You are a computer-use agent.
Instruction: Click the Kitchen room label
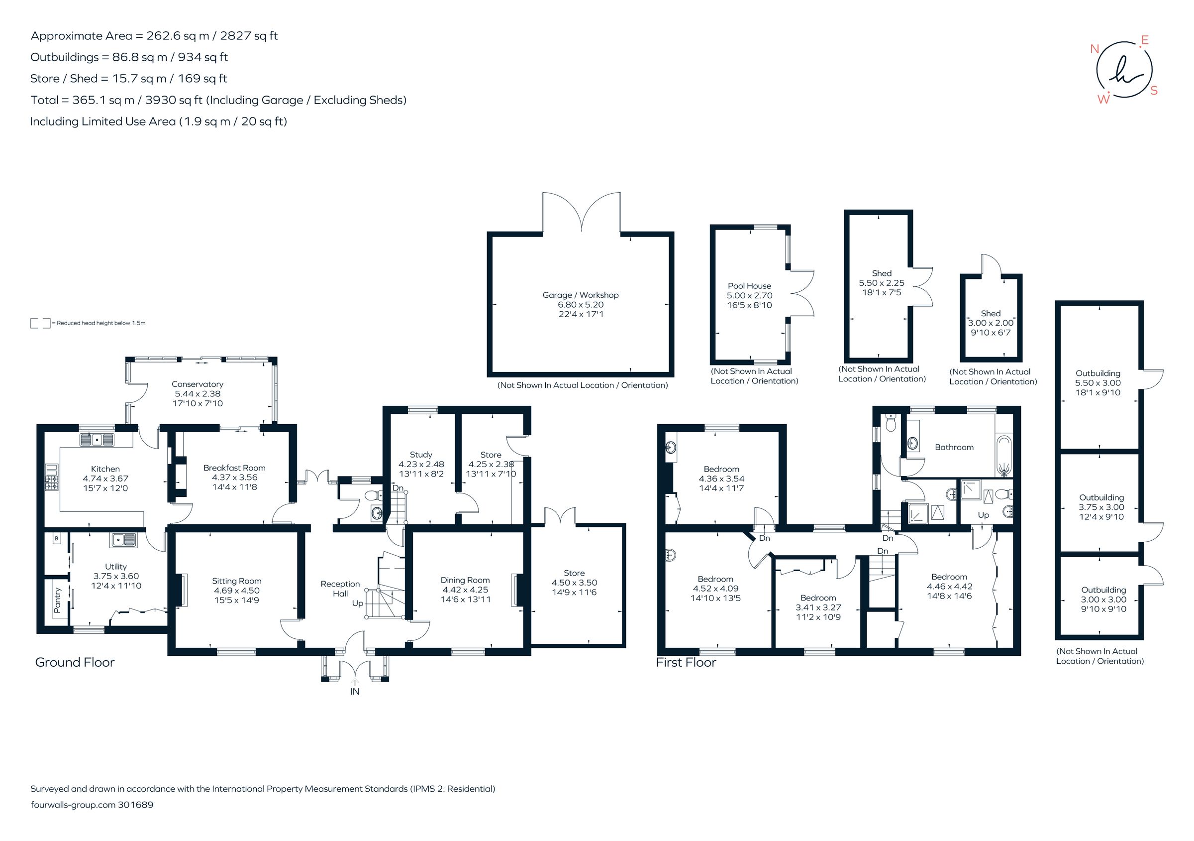click(x=105, y=469)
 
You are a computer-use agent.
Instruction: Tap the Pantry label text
click(x=57, y=600)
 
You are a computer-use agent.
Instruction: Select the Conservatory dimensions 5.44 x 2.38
click(x=198, y=394)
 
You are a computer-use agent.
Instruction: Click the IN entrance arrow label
click(x=355, y=692)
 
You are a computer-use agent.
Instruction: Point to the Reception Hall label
click(x=340, y=589)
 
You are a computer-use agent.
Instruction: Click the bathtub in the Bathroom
click(x=1004, y=458)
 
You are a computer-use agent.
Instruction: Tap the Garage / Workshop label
click(x=581, y=295)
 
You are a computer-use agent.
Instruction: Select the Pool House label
click(x=749, y=286)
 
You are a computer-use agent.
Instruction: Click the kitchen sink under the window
click(x=97, y=440)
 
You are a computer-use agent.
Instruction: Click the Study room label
click(x=421, y=454)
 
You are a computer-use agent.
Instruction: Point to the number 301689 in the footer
click(x=136, y=805)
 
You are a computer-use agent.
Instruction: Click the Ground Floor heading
click(x=75, y=662)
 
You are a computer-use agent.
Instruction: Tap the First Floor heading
click(x=686, y=662)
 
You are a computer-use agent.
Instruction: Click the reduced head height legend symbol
click(x=40, y=323)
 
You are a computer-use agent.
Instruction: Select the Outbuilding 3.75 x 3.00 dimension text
click(x=1101, y=507)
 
